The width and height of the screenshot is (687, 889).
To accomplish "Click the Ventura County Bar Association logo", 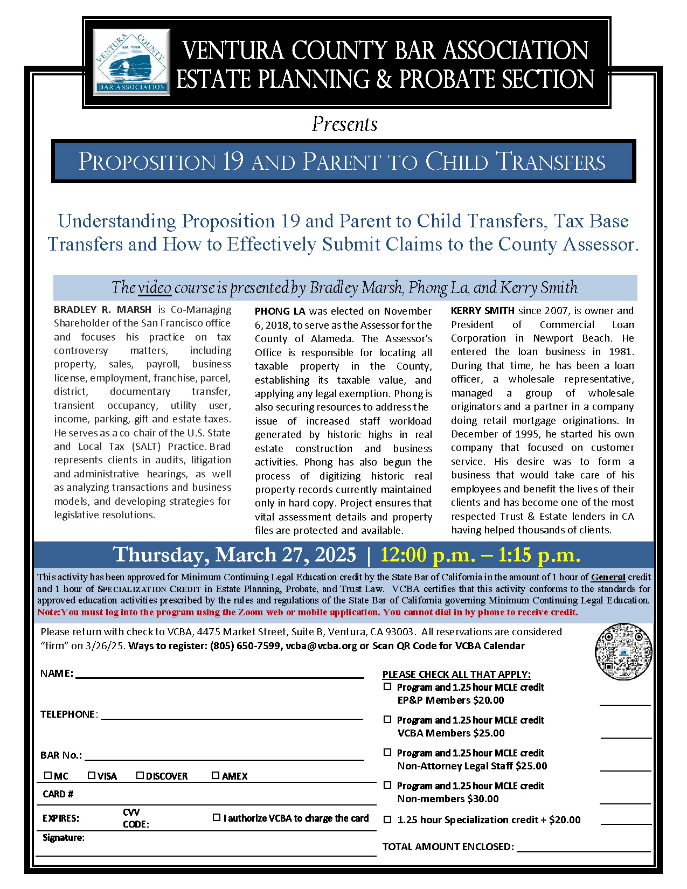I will point(131,62).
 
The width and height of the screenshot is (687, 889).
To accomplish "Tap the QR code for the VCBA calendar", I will point(623,651).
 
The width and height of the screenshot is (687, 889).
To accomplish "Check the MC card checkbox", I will point(48,775).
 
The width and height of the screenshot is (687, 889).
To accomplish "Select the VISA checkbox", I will point(92,775).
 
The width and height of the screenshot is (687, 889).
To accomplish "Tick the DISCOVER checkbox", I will point(140,775).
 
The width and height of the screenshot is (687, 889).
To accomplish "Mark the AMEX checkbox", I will point(216,775).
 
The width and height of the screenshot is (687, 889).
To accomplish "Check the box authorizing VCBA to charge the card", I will point(217,817).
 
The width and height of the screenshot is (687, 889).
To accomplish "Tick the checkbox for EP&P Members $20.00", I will point(387,687).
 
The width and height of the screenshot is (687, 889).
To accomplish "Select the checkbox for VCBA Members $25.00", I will point(387,719).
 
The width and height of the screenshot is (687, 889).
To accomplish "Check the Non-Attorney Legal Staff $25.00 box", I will point(387,752).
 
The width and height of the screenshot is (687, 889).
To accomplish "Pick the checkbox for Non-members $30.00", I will point(387,785).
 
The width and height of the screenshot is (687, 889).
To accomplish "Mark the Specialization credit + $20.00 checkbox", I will point(387,819).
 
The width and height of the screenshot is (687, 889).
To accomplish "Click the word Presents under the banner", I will point(344,124).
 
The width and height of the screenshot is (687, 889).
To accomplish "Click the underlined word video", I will point(155,288).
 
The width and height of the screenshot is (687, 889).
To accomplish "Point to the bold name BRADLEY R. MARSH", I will point(102,310).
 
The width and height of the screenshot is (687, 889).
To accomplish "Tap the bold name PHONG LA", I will point(280,311).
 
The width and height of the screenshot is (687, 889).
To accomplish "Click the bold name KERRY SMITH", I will point(482,311).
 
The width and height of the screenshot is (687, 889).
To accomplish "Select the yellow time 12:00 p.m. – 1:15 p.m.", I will point(480,555).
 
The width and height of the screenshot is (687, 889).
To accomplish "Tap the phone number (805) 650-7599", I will point(245,646).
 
